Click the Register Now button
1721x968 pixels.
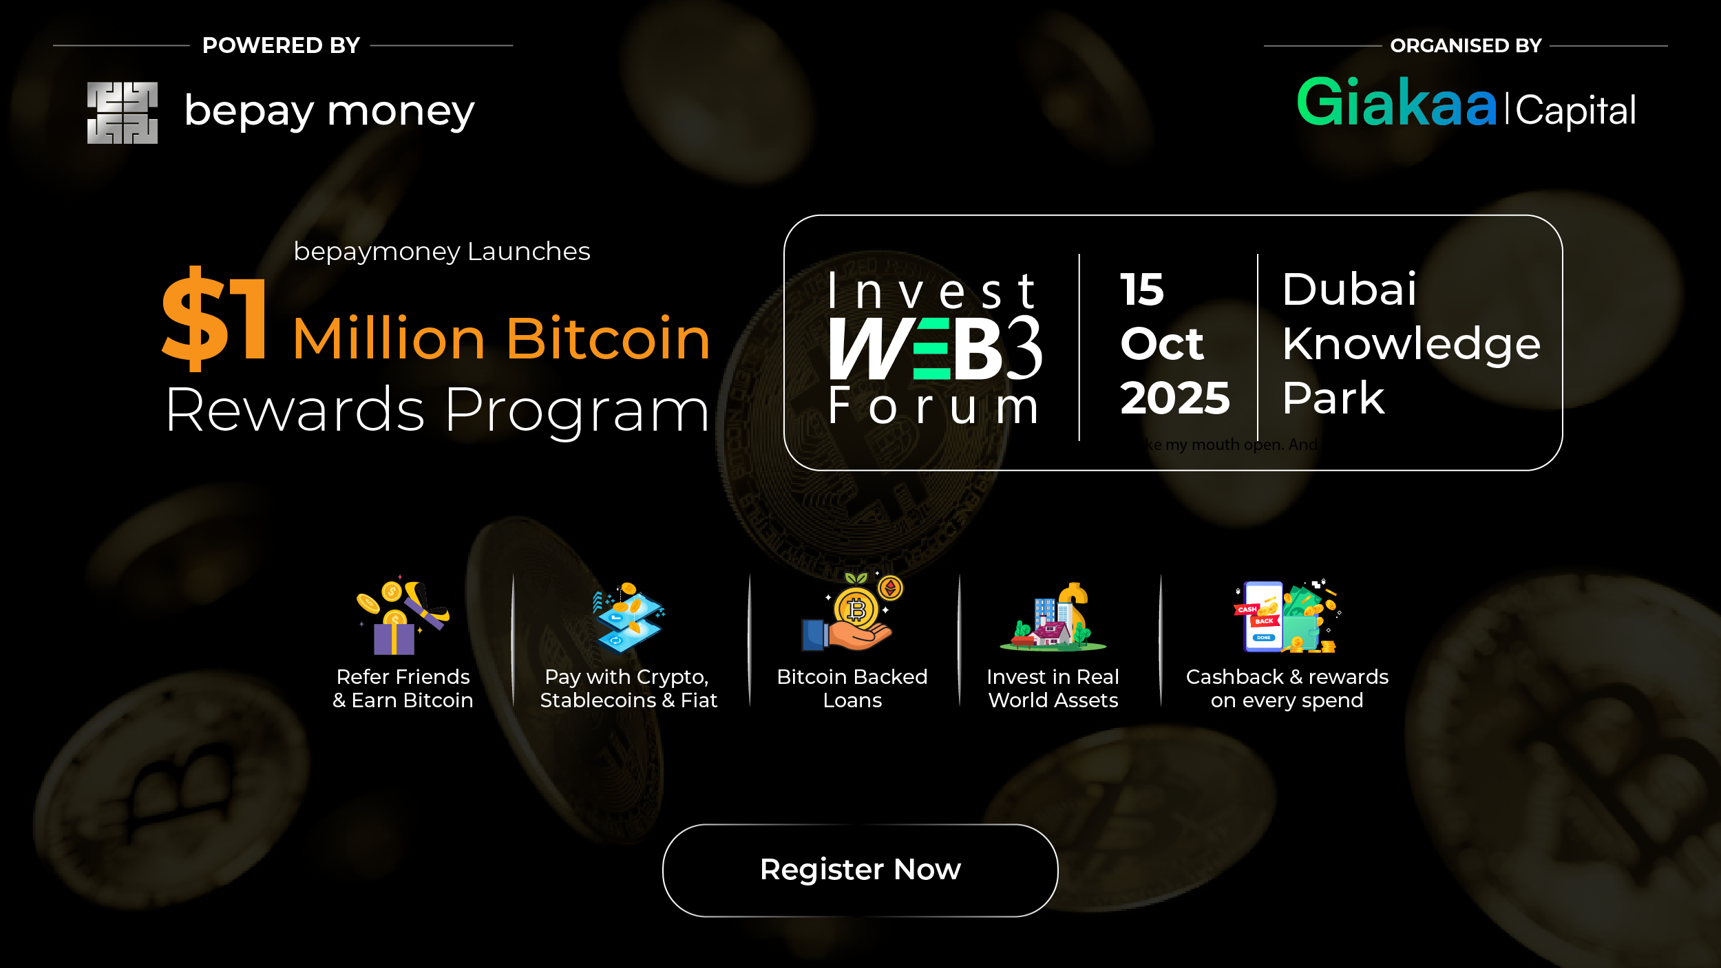tap(860, 870)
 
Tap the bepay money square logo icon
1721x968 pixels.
tap(123, 113)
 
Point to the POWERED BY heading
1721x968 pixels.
tap(281, 45)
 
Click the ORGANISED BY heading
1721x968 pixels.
tap(1466, 45)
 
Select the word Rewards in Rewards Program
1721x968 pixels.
tap(295, 410)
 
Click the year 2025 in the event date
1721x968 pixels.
tap(1174, 398)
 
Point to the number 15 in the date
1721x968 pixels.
tap(1141, 290)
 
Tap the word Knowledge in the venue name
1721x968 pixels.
tap(1411, 343)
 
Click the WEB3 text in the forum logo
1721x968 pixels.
tap(935, 348)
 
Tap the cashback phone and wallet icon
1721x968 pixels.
tap(1286, 616)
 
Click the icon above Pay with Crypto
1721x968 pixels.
tap(628, 617)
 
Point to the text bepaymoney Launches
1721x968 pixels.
tap(442, 252)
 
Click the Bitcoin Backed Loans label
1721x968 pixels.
tap(852, 688)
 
